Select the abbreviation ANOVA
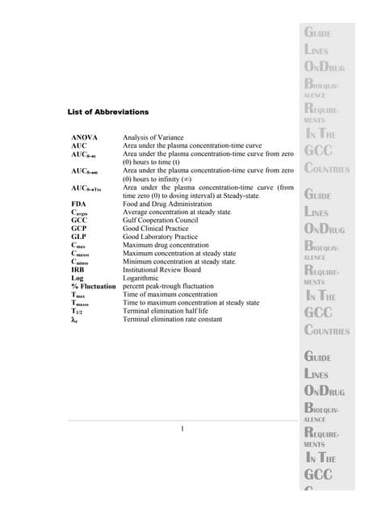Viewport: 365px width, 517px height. click(x=85, y=139)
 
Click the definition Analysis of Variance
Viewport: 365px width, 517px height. click(x=153, y=139)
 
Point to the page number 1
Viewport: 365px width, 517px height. click(x=183, y=428)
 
